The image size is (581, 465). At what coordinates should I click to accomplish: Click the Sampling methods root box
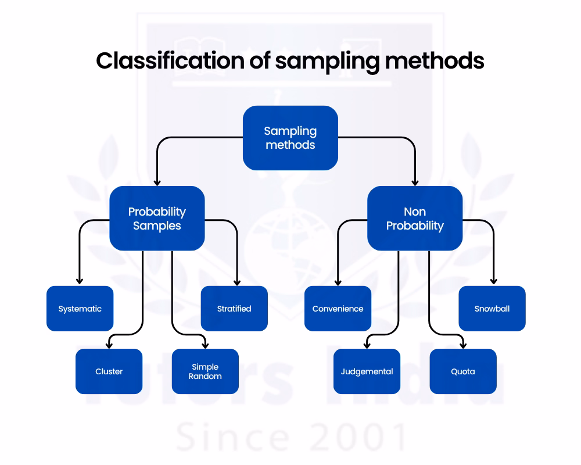tap(290, 138)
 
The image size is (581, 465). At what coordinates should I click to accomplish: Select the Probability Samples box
tap(157, 219)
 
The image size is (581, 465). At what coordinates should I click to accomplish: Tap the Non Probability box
tap(415, 219)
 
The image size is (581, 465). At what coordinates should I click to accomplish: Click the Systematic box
tap(80, 309)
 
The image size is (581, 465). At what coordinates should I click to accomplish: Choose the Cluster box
tap(109, 371)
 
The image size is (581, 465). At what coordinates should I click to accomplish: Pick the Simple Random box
tap(205, 371)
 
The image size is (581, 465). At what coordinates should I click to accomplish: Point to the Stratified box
tap(234, 309)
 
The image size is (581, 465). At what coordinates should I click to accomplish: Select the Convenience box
tap(338, 309)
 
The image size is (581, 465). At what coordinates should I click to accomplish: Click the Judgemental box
tap(367, 371)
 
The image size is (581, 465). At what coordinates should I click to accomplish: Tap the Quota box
tap(463, 371)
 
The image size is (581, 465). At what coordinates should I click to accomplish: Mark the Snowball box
tap(492, 309)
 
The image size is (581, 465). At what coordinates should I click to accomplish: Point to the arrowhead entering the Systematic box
tap(80, 282)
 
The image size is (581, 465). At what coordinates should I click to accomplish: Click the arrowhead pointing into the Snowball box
tap(493, 282)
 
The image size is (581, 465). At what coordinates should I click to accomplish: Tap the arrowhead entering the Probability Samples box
tap(157, 182)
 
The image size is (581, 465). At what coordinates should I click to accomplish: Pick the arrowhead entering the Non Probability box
tap(415, 182)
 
